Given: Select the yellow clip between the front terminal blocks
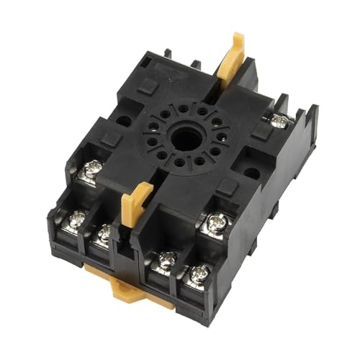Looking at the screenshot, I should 136,205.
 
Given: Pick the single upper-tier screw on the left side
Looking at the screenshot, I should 91,171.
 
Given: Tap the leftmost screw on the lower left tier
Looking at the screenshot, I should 76,218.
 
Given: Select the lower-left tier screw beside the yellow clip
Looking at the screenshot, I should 105,233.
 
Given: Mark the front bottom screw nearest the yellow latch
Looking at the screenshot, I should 166,261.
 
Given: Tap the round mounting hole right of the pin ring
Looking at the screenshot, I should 251,173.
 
